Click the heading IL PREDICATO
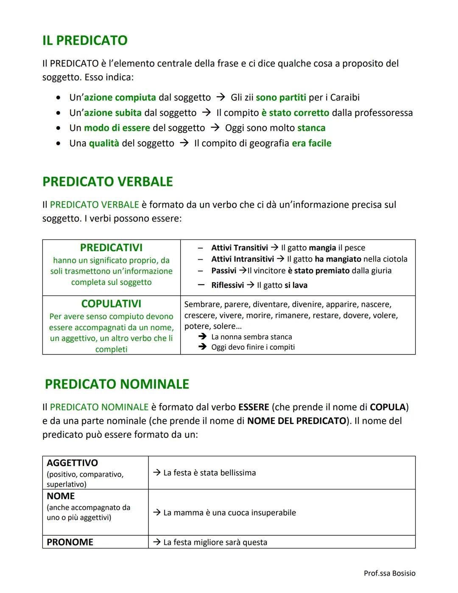85,40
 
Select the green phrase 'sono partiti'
281,98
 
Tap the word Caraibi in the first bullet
345,98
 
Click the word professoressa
383,113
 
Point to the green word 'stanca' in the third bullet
311,128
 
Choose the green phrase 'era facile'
311,143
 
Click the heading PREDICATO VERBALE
108,182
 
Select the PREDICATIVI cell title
111,247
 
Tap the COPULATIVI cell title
111,304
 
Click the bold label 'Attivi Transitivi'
240,248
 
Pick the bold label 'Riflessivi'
227,285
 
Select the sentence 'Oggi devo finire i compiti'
253,347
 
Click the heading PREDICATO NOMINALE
117,384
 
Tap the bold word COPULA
388,407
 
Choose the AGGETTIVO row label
72,463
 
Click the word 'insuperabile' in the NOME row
274,513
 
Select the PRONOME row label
70,542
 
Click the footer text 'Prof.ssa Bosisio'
389,573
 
